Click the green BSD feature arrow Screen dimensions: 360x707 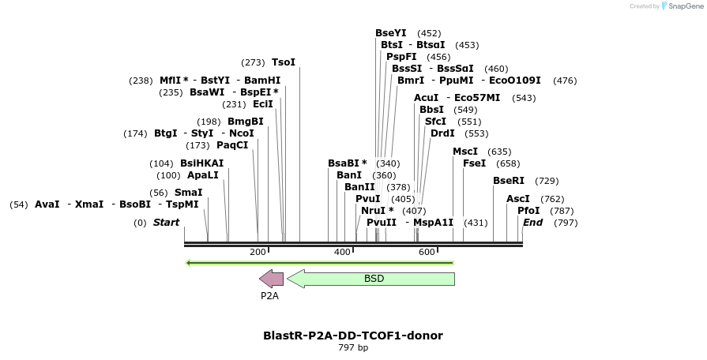pyautogui.click(x=371, y=279)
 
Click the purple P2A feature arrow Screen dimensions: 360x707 pyautogui.click(x=271, y=279)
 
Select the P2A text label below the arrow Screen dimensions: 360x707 pyautogui.click(x=269, y=296)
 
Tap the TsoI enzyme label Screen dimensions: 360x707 pyautogui.click(x=283, y=62)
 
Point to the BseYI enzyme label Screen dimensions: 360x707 pyautogui.click(x=390, y=33)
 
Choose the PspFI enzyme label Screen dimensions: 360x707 pyautogui.click(x=401, y=57)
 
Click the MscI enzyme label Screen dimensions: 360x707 pyautogui.click(x=464, y=152)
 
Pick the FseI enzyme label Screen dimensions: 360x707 pyautogui.click(x=474, y=163)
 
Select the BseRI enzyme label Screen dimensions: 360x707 pyautogui.click(x=508, y=181)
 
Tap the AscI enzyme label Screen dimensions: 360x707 pyautogui.click(x=517, y=199)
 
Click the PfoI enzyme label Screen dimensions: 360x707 pyautogui.click(x=528, y=211)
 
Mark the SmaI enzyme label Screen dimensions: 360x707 pyautogui.click(x=188, y=193)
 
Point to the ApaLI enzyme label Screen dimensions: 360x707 pyautogui.click(x=202, y=175)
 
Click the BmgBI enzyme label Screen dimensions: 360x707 pyautogui.click(x=245, y=122)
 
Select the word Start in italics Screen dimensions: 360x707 pyautogui.click(x=166, y=223)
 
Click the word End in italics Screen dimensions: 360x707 pyautogui.click(x=532, y=223)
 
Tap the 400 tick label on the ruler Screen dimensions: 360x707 pyautogui.click(x=342, y=252)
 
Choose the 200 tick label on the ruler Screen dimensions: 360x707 pyautogui.click(x=258, y=252)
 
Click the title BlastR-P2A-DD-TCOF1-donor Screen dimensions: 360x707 pyautogui.click(x=352, y=336)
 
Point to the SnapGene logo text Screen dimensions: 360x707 pyautogui.click(x=686, y=6)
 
